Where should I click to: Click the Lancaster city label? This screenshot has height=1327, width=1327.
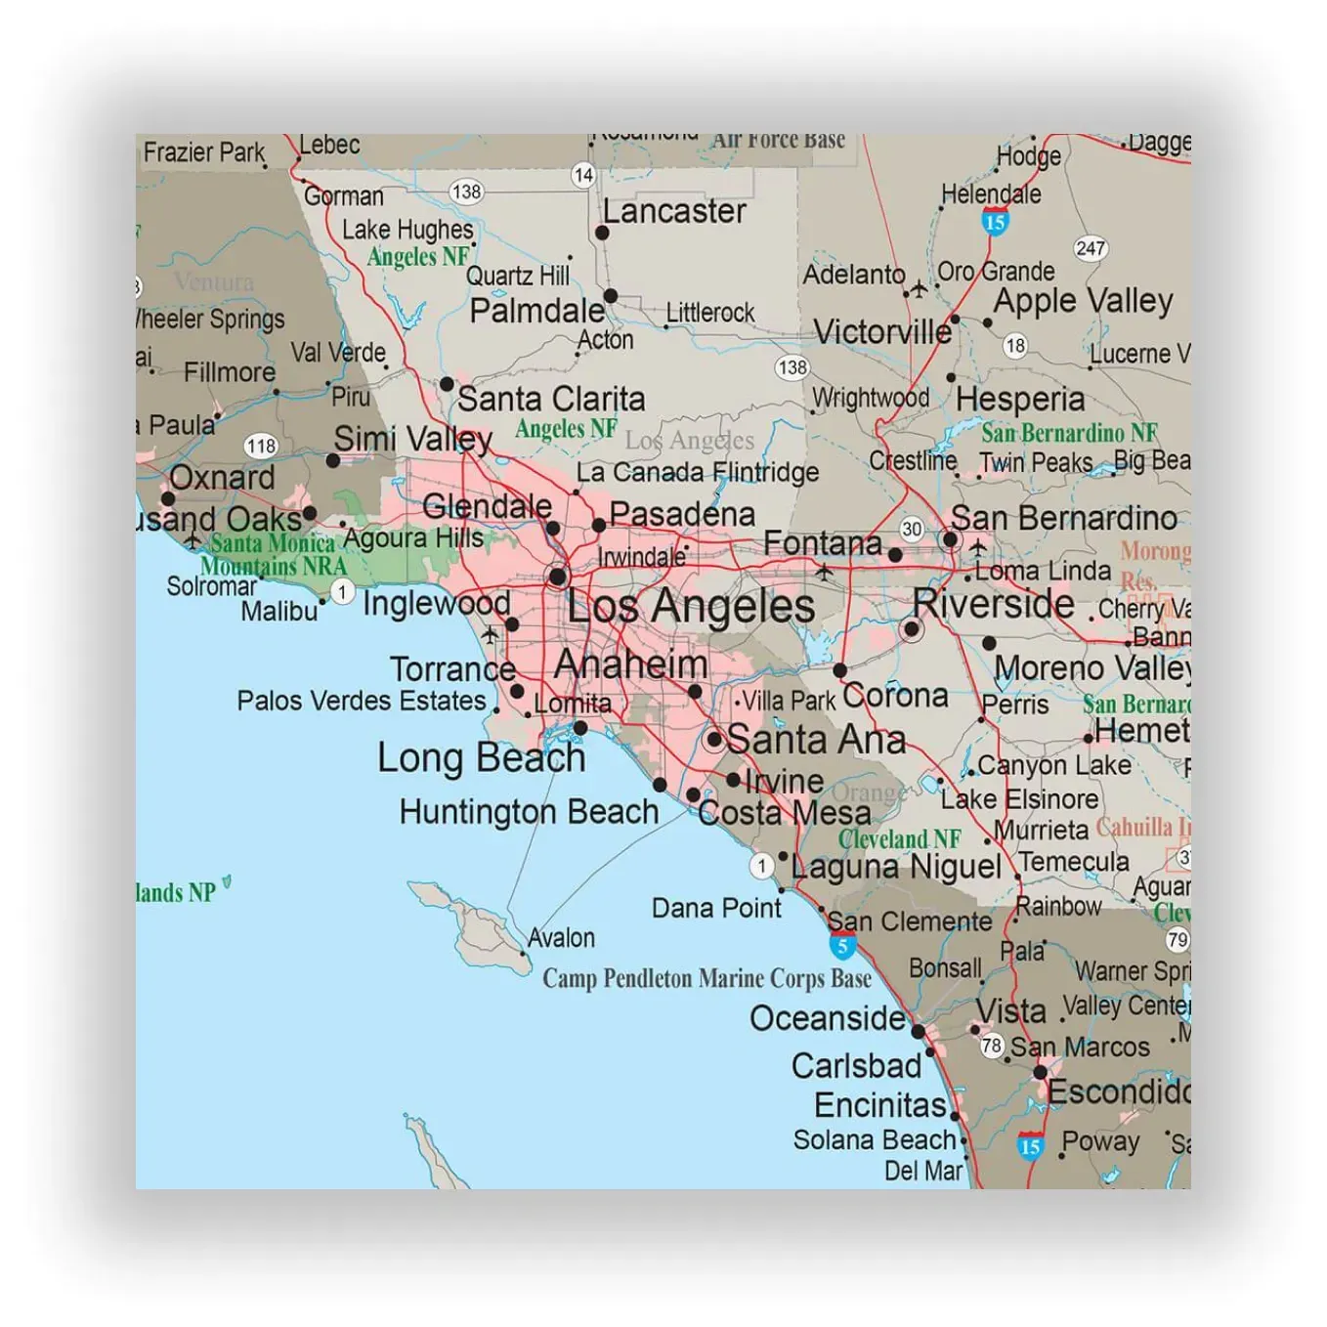[674, 211]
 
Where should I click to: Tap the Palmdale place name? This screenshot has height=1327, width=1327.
[536, 311]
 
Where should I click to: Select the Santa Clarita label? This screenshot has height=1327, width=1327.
[551, 399]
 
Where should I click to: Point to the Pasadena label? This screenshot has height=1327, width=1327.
[682, 514]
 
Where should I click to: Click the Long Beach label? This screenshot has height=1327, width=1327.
[481, 758]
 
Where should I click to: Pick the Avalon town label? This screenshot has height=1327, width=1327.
[561, 938]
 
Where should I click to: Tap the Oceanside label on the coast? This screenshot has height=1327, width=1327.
[827, 1018]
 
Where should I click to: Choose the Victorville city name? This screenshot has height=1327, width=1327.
[882, 332]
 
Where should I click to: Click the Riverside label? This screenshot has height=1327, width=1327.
[993, 603]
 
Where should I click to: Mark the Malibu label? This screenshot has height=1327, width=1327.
[279, 612]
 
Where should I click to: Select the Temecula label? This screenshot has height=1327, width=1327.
[1075, 862]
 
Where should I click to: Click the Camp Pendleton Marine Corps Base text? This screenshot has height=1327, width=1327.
[706, 978]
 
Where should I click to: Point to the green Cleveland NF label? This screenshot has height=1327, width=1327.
[899, 838]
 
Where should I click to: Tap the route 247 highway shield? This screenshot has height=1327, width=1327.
[1090, 248]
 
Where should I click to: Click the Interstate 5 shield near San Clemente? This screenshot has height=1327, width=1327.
[842, 945]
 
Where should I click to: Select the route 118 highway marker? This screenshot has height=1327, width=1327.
[261, 447]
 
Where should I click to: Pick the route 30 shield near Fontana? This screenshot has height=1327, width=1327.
[911, 529]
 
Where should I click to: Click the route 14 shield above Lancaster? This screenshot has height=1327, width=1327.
[583, 175]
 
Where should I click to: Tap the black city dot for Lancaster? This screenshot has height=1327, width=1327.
[602, 233]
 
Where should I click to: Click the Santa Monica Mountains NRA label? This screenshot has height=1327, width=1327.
[274, 555]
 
